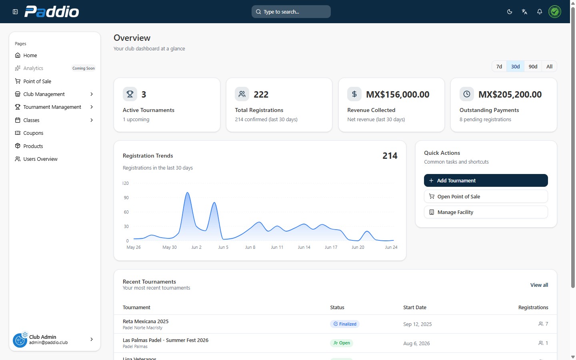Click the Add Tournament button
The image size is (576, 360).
click(x=486, y=180)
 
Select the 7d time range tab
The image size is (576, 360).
click(x=499, y=66)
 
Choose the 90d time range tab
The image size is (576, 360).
click(x=533, y=66)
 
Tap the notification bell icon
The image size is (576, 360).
click(x=540, y=12)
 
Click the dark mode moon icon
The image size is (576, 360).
click(x=510, y=12)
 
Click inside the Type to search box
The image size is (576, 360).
click(x=291, y=12)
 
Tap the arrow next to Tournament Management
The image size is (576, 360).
click(x=92, y=107)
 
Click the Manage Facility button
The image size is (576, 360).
click(x=486, y=212)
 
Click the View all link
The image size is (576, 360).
click(x=539, y=285)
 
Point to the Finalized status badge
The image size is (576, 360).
click(x=344, y=324)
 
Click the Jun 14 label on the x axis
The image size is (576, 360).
click(x=304, y=247)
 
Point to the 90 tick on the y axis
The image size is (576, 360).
click(x=126, y=198)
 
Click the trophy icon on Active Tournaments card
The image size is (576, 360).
click(x=130, y=94)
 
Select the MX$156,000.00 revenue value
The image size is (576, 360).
click(x=398, y=94)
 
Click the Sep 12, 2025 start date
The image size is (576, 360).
click(x=417, y=324)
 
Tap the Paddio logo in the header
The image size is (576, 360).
click(x=52, y=12)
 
